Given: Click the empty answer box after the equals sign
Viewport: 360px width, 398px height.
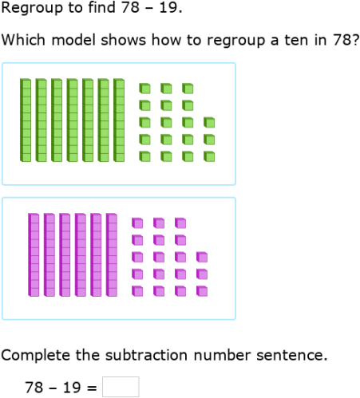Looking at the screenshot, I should pyautogui.click(x=121, y=387).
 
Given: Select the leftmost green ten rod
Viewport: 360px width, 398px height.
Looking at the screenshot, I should pyautogui.click(x=26, y=120).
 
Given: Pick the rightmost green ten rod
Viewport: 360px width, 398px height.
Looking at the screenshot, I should pyautogui.click(x=119, y=120).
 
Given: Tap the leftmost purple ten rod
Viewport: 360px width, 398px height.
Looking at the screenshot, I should pyautogui.click(x=34, y=254).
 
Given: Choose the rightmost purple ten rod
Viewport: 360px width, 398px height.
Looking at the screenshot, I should pyautogui.click(x=111, y=254).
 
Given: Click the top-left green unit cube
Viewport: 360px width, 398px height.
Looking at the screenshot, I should pyautogui.click(x=144, y=87).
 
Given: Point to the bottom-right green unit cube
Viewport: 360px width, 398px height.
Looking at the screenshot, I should pyautogui.click(x=209, y=157).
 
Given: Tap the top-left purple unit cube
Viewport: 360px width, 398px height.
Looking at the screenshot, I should pyautogui.click(x=137, y=222).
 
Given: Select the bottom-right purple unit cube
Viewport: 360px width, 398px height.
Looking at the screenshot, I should pyautogui.click(x=202, y=291).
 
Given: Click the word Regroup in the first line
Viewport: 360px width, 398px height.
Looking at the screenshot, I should pyautogui.click(x=30, y=10).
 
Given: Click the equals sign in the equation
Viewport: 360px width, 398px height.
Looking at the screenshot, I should pyautogui.click(x=92, y=388).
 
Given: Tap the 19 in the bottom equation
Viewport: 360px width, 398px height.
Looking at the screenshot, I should pyautogui.click(x=72, y=388).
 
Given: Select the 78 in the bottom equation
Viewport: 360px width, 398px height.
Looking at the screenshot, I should pyautogui.click(x=34, y=388).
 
